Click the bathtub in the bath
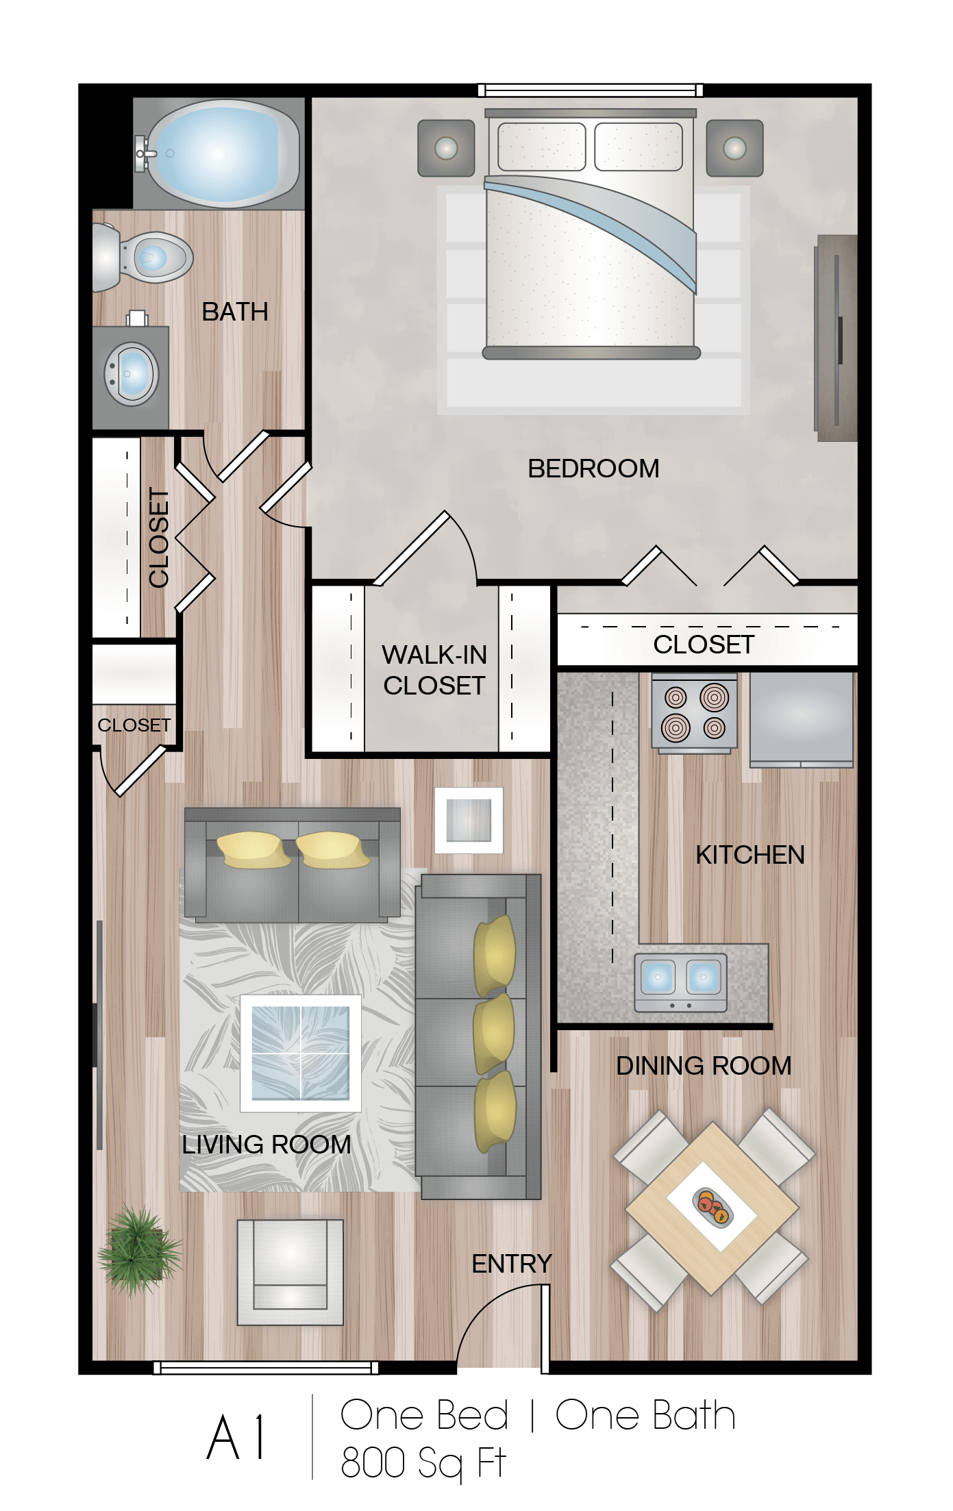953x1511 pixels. click(x=223, y=153)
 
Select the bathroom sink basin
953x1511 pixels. click(x=132, y=374)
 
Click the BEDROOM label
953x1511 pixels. click(x=593, y=469)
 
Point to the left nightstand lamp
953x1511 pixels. click(x=446, y=148)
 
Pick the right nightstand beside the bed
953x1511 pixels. click(x=734, y=148)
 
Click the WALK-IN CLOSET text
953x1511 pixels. click(x=434, y=670)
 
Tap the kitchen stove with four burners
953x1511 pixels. click(x=694, y=712)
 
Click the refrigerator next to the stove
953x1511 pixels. click(x=801, y=718)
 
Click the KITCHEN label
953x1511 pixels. click(x=750, y=855)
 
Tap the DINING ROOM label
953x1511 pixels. click(x=704, y=1066)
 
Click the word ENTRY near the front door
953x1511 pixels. click(x=512, y=1264)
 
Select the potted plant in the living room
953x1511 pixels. click(x=140, y=1251)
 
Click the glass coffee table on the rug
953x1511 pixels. click(x=300, y=1053)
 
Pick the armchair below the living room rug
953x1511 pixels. click(x=290, y=1272)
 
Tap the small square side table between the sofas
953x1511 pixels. click(x=469, y=820)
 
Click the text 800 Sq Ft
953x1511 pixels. click(x=423, y=1464)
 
